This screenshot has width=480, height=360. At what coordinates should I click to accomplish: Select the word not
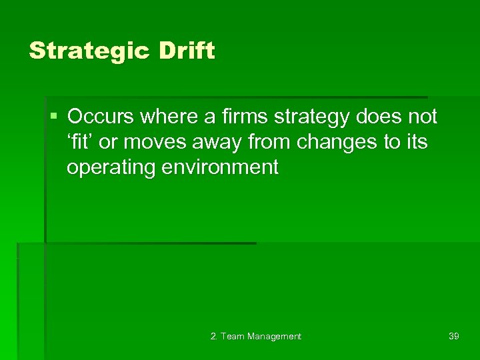423,117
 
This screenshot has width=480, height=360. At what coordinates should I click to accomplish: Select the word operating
111,168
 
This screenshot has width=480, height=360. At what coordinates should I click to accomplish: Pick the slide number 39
453,336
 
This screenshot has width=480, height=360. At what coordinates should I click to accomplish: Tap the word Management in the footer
274,337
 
